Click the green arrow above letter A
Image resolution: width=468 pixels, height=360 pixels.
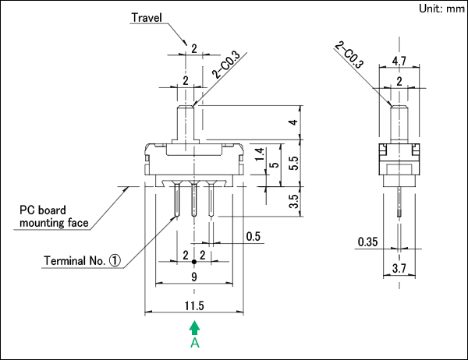point(194,328)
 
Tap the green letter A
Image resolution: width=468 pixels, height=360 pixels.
point(195,343)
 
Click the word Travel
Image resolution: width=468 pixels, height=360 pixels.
point(147,18)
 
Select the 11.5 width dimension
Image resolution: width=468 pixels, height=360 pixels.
point(194,305)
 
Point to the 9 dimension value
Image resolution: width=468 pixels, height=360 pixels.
point(194,277)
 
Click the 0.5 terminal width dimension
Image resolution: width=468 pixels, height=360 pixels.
point(253,237)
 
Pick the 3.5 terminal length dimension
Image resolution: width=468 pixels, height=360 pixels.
point(294,201)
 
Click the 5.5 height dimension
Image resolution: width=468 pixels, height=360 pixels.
point(294,163)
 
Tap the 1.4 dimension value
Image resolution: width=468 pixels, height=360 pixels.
point(260,154)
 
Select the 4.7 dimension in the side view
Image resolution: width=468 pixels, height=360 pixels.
point(399,61)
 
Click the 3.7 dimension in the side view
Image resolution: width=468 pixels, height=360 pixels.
point(399,268)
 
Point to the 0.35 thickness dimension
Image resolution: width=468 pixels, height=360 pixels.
point(367,242)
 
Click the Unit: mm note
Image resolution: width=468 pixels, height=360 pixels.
point(442,9)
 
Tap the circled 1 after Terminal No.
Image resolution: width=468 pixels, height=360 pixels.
point(115,261)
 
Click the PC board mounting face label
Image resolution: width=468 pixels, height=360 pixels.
point(54,217)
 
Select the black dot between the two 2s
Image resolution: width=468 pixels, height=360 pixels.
point(194,262)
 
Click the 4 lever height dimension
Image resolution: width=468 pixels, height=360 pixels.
point(294,122)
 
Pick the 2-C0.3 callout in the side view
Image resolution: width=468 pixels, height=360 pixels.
point(349,55)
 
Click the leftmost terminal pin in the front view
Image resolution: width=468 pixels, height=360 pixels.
point(177,199)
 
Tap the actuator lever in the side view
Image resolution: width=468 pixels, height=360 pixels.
point(399,124)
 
